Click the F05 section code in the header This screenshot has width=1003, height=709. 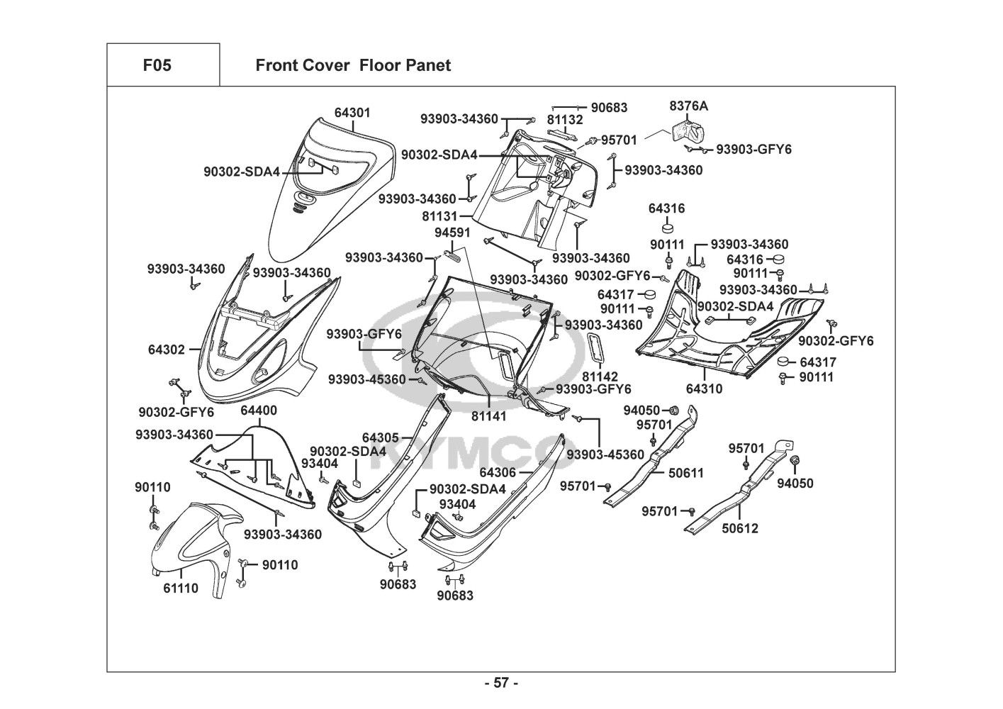[x=157, y=65]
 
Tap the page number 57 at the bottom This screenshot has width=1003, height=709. [x=501, y=683]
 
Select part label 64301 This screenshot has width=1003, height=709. [x=352, y=113]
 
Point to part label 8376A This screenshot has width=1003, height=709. [x=688, y=106]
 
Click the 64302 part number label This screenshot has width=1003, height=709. [x=167, y=350]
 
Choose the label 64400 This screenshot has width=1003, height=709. [x=259, y=411]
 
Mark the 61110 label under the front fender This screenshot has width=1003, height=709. [x=181, y=588]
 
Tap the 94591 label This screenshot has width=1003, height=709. [x=453, y=233]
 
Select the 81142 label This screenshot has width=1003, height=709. [x=600, y=376]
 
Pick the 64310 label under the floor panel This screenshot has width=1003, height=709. [x=705, y=389]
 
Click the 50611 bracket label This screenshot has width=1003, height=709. [x=686, y=473]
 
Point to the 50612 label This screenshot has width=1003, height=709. [x=739, y=528]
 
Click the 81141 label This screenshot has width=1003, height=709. [x=489, y=416]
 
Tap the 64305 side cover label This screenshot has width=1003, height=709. [x=381, y=438]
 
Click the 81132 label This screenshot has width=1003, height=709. [x=565, y=120]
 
